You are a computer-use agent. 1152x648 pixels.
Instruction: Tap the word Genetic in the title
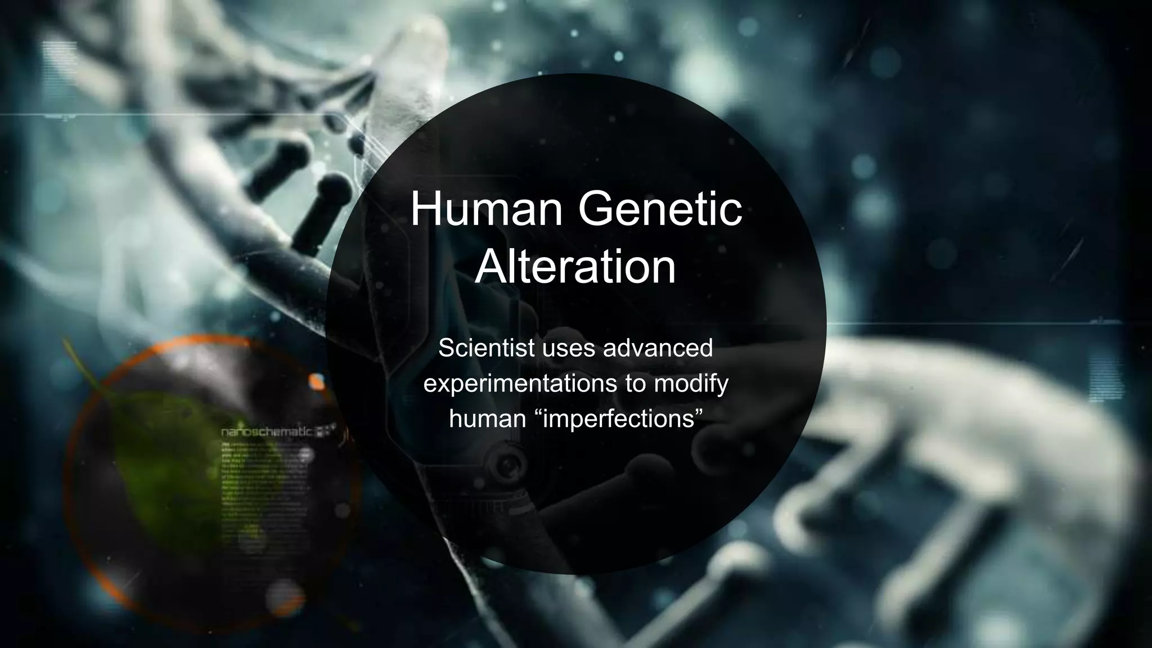660,209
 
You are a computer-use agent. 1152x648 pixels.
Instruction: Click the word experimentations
521,384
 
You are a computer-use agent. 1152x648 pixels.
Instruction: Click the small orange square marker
317,382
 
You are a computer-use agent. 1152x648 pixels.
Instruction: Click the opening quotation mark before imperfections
545,414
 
